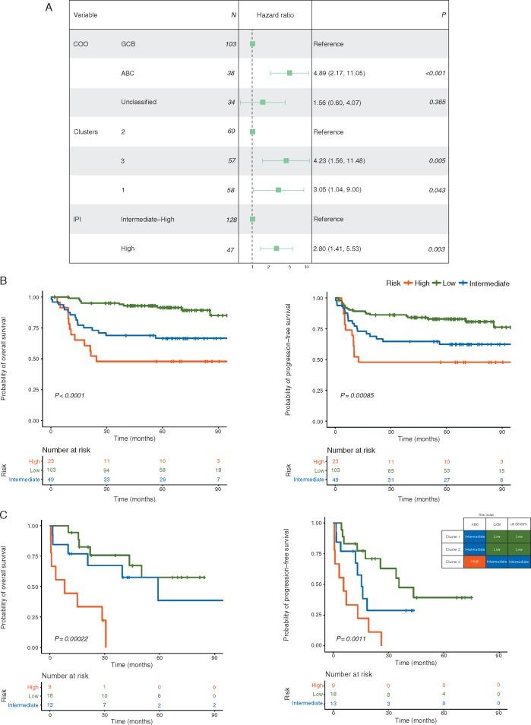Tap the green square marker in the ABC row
[x=289, y=73]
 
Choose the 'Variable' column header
[x=86, y=15]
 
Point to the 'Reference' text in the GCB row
[x=330, y=44]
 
